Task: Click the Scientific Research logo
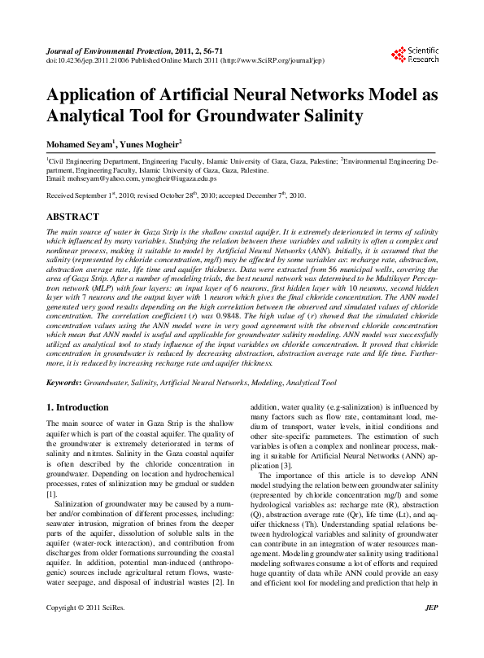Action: pyautogui.click(x=415, y=55)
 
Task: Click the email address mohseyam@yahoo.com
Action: pyautogui.click(x=98, y=178)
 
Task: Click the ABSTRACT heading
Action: pyautogui.click(x=72, y=217)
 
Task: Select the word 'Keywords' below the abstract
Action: pyautogui.click(x=63, y=381)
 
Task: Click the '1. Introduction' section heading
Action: pyautogui.click(x=77, y=407)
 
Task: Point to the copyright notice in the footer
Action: pyautogui.click(x=86, y=631)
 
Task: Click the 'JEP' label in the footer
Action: pyautogui.click(x=431, y=631)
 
